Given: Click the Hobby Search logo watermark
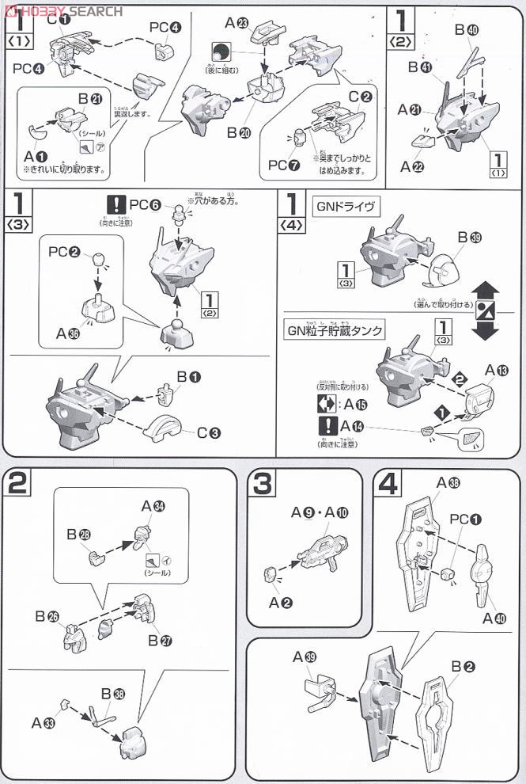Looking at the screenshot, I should pos(62,10).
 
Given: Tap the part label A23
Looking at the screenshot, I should pos(236,23).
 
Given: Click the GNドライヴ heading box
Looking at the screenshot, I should pos(342,207).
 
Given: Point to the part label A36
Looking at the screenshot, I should pos(68,333).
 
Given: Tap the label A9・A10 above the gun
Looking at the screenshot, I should pos(315,512).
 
